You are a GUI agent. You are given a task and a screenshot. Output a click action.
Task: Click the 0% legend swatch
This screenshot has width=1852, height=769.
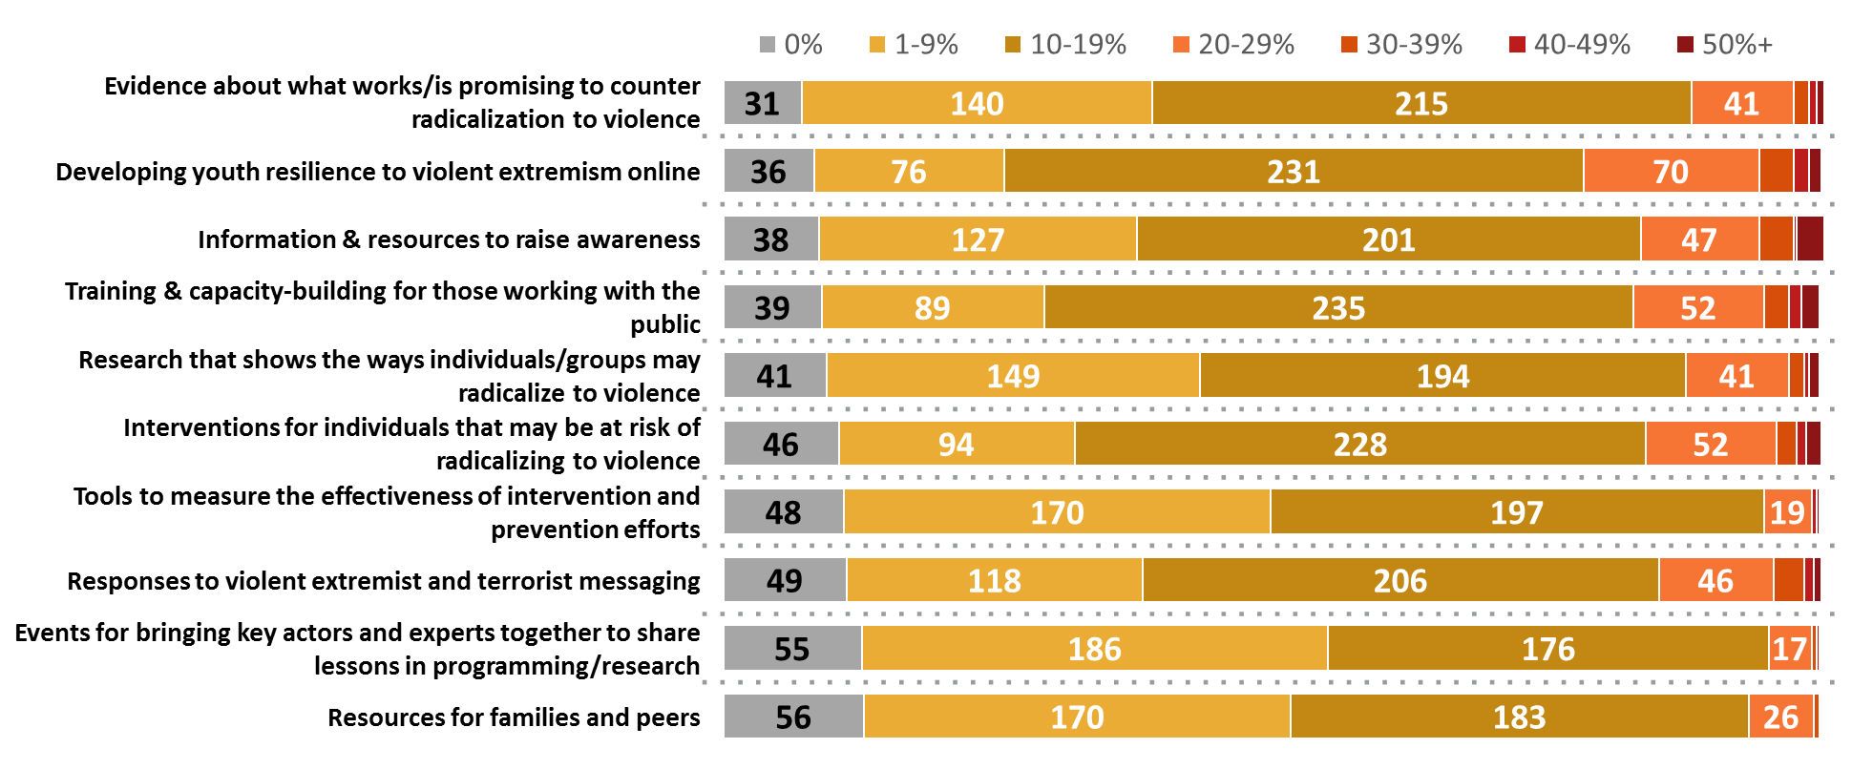point(768,45)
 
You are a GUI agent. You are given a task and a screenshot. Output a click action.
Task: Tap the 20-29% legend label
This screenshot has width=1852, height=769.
point(1246,45)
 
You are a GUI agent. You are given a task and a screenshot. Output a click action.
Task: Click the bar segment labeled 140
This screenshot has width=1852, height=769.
point(977,103)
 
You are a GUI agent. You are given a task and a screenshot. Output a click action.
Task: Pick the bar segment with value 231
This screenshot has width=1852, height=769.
point(1294,172)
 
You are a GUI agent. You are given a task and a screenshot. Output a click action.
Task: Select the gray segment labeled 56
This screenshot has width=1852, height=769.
point(793,717)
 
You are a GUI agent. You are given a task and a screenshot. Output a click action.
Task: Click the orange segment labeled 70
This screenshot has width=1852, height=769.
point(1671,172)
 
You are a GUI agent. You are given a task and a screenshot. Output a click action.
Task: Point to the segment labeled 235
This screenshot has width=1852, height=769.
point(1338,307)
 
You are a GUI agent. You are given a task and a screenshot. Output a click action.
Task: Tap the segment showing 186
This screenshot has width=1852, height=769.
point(1094,649)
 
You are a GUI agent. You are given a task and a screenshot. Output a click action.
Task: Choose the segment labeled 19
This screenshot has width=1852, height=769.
point(1787,512)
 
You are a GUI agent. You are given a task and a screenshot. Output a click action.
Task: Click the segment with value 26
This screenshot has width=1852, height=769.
point(1780,717)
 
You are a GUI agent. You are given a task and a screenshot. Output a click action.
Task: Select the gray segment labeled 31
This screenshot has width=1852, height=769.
point(763,103)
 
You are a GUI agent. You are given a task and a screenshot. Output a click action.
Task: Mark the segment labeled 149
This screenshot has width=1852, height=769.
point(1013,376)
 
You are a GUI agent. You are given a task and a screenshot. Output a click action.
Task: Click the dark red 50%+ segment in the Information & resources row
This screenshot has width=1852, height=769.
point(1810,239)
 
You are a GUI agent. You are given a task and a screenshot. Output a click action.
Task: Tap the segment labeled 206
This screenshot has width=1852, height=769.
point(1400,580)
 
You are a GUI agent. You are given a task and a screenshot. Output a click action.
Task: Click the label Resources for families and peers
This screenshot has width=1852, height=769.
point(514,717)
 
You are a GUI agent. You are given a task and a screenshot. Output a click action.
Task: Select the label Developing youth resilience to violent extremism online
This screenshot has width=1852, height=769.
point(378,172)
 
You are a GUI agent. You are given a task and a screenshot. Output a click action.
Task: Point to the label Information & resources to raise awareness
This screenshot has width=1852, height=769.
point(449,239)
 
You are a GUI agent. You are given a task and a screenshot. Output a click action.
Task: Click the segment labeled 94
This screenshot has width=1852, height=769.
point(956,444)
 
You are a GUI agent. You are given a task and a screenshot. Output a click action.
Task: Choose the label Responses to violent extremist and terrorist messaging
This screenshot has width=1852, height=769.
point(384,581)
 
